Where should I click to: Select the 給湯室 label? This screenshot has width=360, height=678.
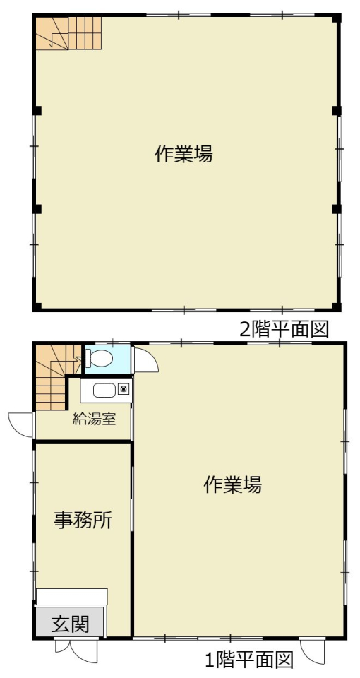point(94,419)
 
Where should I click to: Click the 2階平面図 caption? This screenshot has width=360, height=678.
point(284,330)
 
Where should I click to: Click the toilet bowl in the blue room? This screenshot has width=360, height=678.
point(100,359)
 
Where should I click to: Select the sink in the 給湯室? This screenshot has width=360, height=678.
point(104,391)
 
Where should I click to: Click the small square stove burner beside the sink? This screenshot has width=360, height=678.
point(124,389)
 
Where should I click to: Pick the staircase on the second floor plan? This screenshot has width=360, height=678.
point(68,33)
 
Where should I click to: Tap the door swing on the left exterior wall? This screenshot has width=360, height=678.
point(20,424)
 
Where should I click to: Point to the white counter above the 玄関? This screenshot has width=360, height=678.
point(71,597)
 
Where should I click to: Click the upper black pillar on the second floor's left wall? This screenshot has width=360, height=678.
point(37,110)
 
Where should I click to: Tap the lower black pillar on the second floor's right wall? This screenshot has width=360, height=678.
point(337,209)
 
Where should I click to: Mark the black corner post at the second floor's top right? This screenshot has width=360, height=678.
point(337,18)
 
